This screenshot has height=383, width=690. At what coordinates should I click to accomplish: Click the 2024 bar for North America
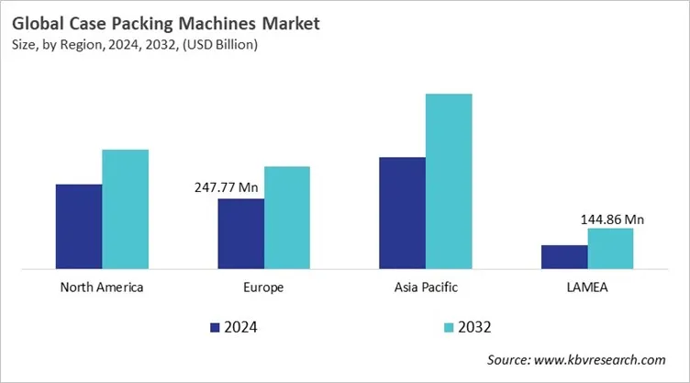[79, 227]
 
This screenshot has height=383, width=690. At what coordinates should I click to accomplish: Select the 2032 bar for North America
[125, 209]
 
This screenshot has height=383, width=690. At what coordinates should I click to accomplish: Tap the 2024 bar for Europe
[240, 234]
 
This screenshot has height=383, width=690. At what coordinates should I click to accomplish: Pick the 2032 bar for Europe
[287, 218]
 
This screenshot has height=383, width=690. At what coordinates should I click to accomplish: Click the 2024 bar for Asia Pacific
[402, 213]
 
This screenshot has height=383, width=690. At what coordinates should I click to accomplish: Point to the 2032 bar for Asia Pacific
[449, 182]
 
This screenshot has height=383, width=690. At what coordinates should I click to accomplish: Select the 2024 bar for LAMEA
[564, 257]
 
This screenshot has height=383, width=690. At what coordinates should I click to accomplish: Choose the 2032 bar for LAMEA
[610, 249]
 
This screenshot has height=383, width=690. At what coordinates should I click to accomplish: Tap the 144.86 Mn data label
[612, 220]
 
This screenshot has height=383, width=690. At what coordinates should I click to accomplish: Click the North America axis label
[102, 287]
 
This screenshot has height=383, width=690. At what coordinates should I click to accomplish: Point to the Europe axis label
[263, 287]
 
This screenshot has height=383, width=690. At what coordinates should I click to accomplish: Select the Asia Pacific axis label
[425, 287]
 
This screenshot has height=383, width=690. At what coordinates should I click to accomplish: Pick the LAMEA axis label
[587, 287]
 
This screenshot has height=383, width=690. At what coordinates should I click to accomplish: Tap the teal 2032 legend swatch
[449, 327]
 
